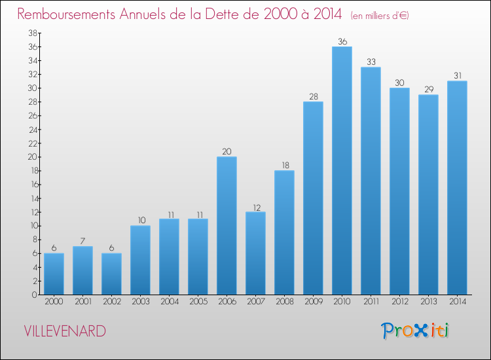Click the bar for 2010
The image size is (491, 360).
coord(342,171)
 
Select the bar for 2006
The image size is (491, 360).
coord(227,226)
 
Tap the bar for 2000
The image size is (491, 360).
coord(54,274)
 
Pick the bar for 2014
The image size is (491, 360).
coord(457,188)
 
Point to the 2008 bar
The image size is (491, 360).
coord(284,232)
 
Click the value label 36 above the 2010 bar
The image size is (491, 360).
coord(342,41)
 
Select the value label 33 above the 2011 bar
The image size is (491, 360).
coord(371,62)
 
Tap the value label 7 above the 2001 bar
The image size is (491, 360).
coord(82,241)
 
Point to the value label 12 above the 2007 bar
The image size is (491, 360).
coord(257,207)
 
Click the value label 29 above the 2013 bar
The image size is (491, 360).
coord(429,89)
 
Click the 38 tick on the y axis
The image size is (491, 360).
coord(33,33)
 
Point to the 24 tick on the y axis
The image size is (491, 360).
coord(33,130)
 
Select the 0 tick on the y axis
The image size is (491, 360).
coord(35,295)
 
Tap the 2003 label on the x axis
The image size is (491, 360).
coord(140,301)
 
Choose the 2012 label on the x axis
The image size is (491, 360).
coord(399,301)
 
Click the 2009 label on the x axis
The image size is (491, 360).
coord(313,301)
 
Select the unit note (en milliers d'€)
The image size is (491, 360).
coord(380,16)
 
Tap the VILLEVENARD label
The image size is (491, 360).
coord(65,331)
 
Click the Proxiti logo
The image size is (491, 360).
coord(415,331)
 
